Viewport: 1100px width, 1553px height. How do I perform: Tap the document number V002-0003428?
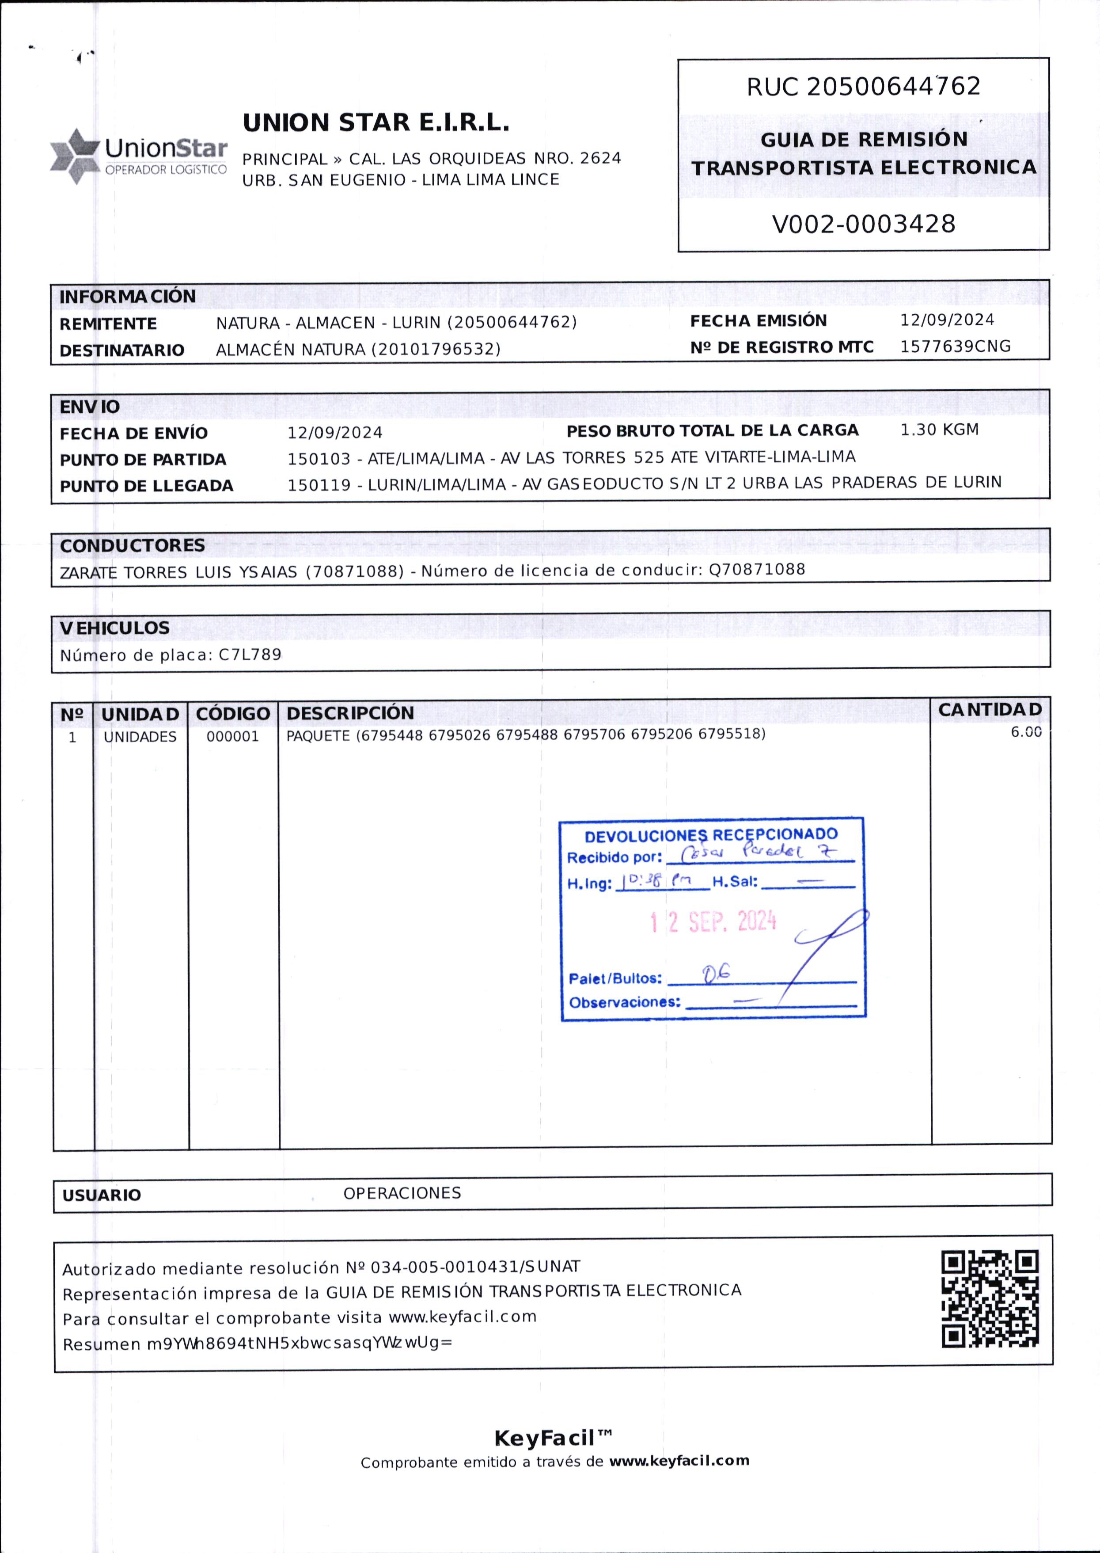864,224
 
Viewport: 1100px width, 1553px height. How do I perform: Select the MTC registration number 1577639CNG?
955,346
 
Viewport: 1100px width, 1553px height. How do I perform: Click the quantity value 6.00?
1025,732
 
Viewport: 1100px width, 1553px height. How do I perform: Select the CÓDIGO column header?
233,713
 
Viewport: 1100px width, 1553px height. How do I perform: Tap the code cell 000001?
232,737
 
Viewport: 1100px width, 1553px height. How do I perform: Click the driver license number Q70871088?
757,569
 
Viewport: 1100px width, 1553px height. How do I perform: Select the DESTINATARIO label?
122,350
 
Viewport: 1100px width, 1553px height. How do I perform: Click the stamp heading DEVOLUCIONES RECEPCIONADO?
711,835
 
